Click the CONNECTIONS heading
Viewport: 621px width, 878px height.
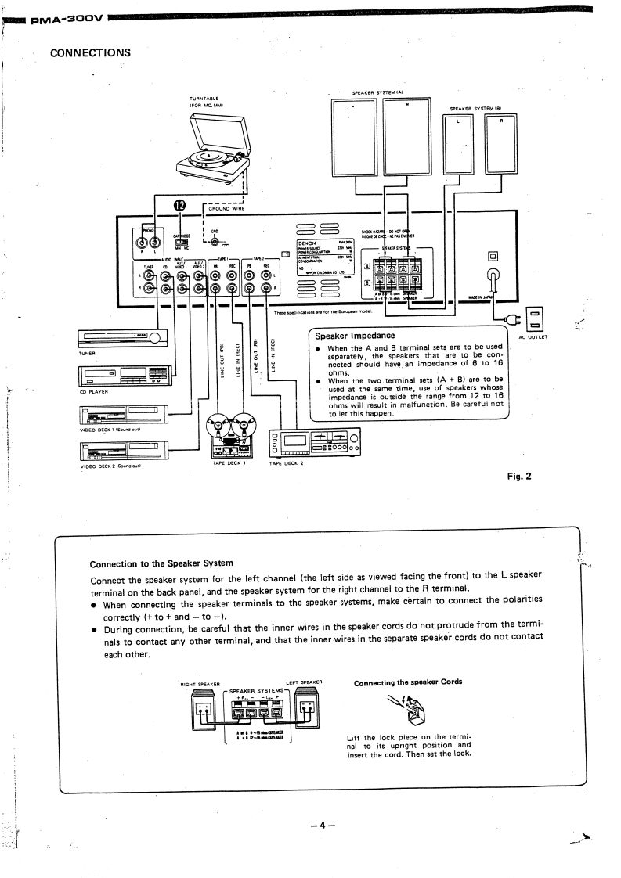(x=90, y=53)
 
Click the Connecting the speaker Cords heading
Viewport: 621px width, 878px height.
(x=408, y=682)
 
